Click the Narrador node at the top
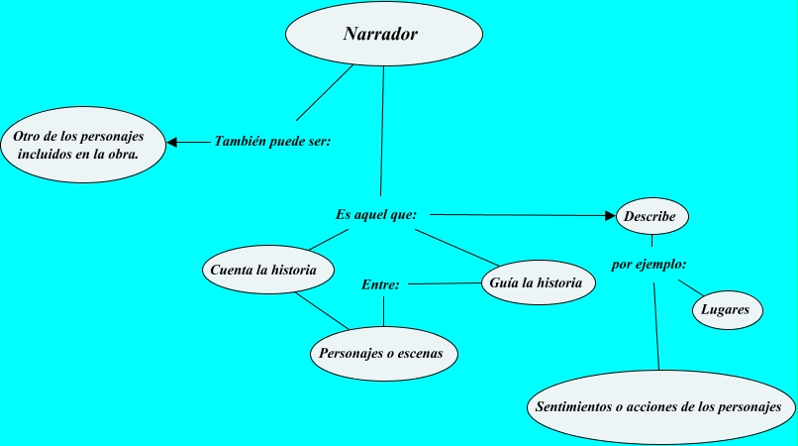coord(383,35)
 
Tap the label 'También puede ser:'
coord(272,142)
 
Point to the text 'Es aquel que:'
coord(375,214)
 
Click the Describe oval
coord(651,215)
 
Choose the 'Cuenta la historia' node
coord(265,269)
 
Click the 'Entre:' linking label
coord(380,284)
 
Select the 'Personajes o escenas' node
coord(381,352)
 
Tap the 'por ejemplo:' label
coord(649,265)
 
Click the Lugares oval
coord(726,309)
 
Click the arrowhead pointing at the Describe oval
coord(610,214)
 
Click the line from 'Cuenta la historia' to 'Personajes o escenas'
coord(322,311)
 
